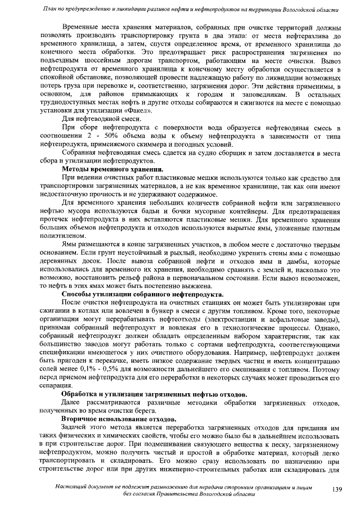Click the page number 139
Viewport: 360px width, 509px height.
(x=337, y=490)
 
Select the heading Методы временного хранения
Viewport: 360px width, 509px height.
(x=112, y=169)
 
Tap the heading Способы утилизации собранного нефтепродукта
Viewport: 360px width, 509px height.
(x=142, y=294)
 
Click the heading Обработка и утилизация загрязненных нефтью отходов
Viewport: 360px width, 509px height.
(x=154, y=394)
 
